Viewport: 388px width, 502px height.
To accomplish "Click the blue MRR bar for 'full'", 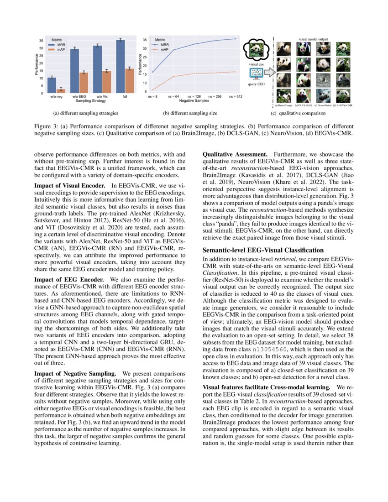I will [120, 67].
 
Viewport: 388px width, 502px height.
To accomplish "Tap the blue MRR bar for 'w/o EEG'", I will [74, 71].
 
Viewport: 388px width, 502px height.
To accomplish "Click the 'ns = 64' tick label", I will [173, 97].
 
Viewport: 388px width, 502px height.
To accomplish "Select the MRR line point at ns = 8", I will [152, 72].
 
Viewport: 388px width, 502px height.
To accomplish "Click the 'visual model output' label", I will [314, 40].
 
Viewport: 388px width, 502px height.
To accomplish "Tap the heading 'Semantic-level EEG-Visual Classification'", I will [264, 250].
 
